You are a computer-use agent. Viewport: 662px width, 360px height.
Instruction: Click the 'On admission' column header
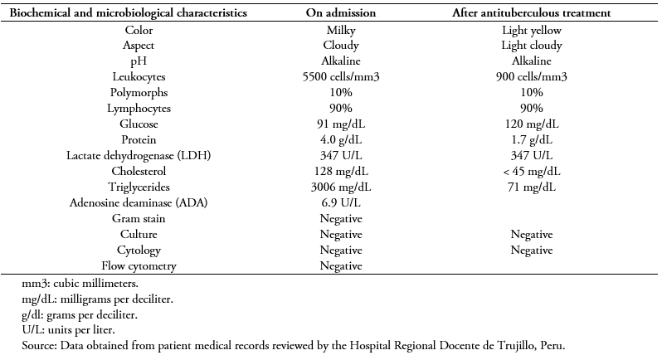341,12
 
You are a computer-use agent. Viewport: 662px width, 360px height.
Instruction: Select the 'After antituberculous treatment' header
532,12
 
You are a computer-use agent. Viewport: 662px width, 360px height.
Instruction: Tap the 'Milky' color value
341,31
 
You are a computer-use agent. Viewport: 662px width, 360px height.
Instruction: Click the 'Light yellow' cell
532,31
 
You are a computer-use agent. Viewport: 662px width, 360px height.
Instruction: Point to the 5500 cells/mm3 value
341,77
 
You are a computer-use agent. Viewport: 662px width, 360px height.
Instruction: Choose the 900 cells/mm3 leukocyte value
532,77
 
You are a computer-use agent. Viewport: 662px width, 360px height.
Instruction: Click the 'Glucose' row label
139,124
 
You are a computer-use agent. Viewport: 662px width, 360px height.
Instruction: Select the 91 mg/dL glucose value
341,124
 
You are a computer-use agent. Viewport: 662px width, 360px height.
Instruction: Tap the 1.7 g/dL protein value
532,139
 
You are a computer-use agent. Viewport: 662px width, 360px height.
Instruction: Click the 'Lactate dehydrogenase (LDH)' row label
139,156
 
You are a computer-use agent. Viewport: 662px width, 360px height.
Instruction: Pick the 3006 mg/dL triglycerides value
341,187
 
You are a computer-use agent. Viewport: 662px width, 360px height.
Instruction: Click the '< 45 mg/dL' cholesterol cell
532,172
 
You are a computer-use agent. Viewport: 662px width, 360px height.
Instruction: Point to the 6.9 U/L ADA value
341,203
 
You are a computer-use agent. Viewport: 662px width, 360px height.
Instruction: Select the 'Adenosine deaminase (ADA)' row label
139,203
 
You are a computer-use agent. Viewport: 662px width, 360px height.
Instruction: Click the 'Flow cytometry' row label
139,266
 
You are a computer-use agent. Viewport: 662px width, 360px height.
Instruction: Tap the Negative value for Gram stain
341,219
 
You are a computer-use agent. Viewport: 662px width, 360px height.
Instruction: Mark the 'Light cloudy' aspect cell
532,46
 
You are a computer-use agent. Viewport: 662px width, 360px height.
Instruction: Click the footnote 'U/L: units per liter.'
68,329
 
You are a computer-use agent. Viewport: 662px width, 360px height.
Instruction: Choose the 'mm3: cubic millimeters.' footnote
80,283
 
